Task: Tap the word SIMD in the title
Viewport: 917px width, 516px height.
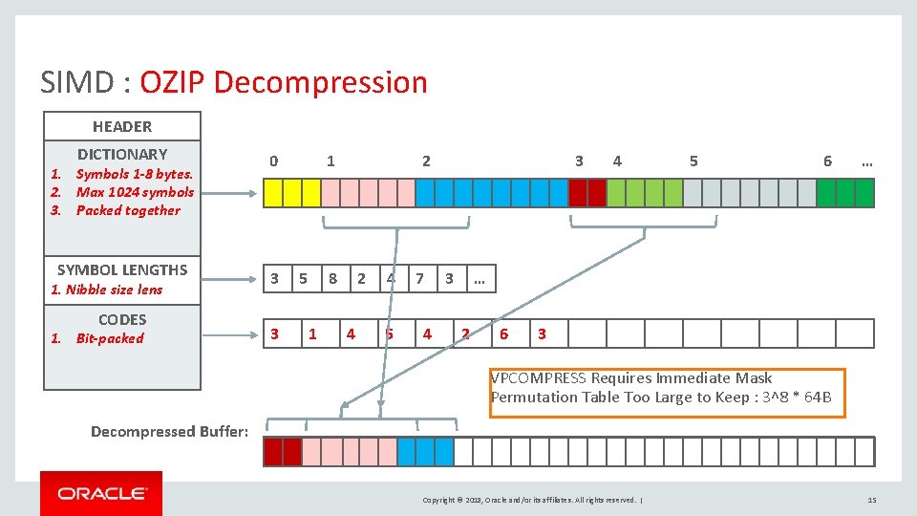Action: [x=80, y=82]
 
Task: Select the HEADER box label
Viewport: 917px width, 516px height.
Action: [x=122, y=126]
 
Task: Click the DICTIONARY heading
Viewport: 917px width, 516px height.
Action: [x=122, y=154]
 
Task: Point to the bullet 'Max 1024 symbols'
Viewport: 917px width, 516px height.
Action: [x=135, y=192]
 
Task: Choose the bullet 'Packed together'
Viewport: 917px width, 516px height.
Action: [x=128, y=210]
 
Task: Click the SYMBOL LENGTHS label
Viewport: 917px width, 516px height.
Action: [x=122, y=269]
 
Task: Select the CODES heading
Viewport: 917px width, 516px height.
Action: [x=122, y=319]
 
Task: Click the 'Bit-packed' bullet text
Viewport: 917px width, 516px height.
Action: [x=110, y=338]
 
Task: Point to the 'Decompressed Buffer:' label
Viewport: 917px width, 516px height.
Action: [x=169, y=431]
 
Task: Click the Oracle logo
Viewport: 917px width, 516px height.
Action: [x=101, y=493]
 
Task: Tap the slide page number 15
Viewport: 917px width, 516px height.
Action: [x=871, y=500]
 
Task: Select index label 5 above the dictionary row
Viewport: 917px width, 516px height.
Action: [x=693, y=161]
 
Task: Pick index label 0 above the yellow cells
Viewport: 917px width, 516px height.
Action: [x=274, y=161]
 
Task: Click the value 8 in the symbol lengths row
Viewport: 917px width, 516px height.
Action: [x=332, y=279]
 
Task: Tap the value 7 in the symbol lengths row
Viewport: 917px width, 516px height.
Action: [x=419, y=279]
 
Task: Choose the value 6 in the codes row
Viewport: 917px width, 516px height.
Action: [x=503, y=333]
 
